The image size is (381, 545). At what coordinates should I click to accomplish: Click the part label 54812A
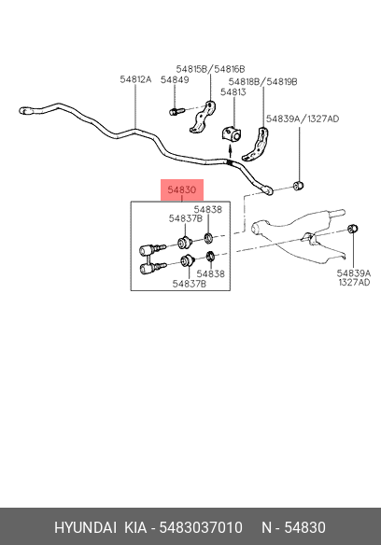point(135,79)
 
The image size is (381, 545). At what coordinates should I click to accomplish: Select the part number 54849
point(175,80)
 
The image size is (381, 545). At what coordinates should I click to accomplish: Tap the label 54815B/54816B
point(210,69)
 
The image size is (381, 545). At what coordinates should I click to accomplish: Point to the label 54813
point(233,92)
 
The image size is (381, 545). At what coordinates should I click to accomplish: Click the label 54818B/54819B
point(262,82)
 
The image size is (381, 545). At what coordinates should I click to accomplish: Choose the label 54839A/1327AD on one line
point(303,119)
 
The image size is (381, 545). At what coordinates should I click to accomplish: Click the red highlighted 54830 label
point(182,189)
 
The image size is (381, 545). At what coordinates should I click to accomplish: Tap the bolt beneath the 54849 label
point(177,112)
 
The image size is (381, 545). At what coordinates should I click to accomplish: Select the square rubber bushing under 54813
point(231,134)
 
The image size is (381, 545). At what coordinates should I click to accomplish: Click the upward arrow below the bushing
point(230,151)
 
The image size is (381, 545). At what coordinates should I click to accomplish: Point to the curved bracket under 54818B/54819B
point(256,145)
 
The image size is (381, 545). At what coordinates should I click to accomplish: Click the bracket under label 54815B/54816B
point(203,117)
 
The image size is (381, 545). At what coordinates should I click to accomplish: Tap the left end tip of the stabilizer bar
point(20,111)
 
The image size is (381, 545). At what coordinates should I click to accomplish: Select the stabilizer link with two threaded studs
point(152,259)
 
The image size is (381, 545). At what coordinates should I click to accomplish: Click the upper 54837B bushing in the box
point(184,242)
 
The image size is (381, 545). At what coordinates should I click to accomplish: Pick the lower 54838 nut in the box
point(210,257)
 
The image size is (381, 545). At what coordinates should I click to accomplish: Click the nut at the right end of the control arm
point(353,229)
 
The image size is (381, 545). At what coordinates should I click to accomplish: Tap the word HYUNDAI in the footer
point(85,527)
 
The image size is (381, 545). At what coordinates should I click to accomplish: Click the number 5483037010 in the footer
point(201,527)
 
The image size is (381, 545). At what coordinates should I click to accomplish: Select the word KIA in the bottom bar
point(135,527)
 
